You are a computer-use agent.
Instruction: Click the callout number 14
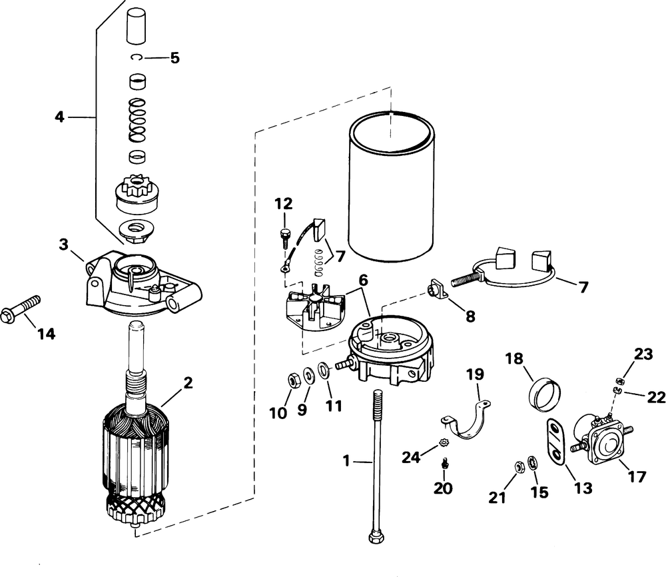pyautogui.click(x=46, y=334)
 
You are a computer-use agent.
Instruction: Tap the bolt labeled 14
pyautogui.click(x=21, y=309)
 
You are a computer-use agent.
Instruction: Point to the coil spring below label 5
pyautogui.click(x=137, y=120)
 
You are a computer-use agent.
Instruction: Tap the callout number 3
pyautogui.click(x=63, y=245)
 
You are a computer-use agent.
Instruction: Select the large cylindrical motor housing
pyautogui.click(x=392, y=186)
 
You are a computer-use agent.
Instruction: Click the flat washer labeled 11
pyautogui.click(x=324, y=370)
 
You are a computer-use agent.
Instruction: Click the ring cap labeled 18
pyautogui.click(x=545, y=394)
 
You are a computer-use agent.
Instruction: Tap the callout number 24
pyautogui.click(x=411, y=457)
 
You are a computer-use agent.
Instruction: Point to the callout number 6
pyautogui.click(x=363, y=281)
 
